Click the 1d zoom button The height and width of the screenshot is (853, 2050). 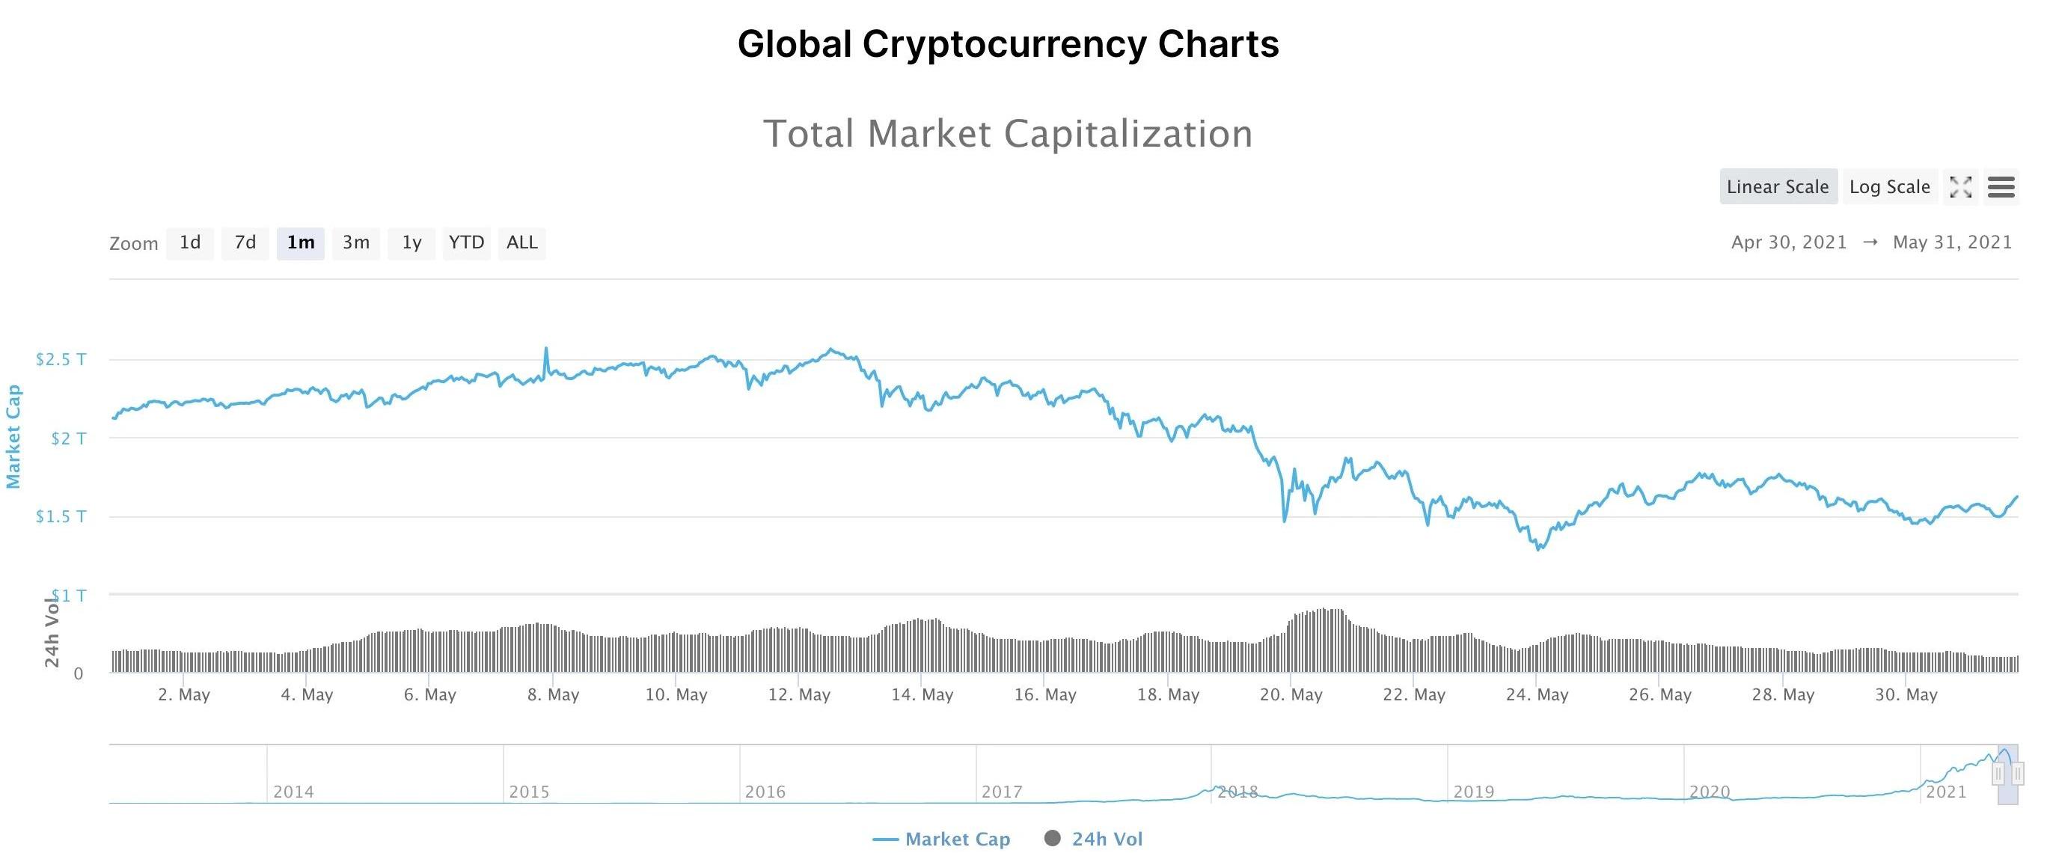point(189,242)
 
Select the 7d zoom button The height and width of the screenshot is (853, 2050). point(245,242)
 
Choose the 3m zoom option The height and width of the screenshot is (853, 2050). point(355,242)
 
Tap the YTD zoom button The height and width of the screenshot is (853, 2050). point(466,242)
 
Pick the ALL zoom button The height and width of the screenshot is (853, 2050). point(522,242)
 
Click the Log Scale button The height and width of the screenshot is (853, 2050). point(1889,187)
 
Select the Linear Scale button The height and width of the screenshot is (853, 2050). point(1778,187)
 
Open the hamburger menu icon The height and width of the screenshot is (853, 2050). point(2001,187)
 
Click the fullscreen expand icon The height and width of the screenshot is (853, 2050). point(1961,187)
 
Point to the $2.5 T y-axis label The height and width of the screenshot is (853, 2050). point(61,360)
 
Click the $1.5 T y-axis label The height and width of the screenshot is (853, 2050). point(61,517)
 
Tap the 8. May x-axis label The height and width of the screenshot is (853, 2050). point(553,694)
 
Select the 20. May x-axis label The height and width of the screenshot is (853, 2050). point(1291,694)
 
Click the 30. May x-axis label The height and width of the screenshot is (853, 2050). point(1906,694)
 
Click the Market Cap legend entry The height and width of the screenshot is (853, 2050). point(942,840)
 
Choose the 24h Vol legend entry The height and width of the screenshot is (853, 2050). point(1095,840)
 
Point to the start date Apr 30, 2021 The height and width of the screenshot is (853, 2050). point(1788,242)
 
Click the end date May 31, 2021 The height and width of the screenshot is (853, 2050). point(1952,242)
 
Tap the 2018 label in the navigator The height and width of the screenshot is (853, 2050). point(1237,792)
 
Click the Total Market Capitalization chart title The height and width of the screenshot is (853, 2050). point(1008,134)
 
